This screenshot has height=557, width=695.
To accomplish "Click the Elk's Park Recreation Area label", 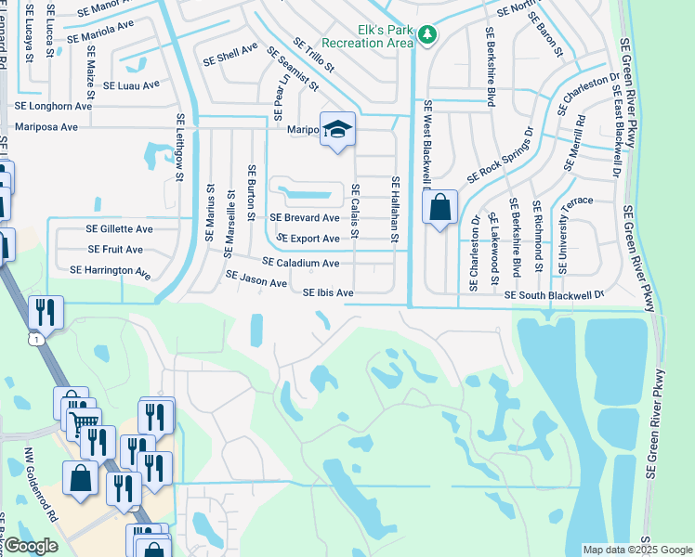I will (367, 34).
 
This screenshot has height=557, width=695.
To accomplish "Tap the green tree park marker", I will (426, 35).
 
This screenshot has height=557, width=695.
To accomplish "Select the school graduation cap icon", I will (338, 130).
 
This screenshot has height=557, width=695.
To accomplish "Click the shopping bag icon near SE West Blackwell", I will (440, 207).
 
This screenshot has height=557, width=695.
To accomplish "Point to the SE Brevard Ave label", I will (305, 218).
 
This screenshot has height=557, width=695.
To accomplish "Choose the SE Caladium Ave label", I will (301, 264).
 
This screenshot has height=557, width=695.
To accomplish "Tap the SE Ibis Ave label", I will (329, 293).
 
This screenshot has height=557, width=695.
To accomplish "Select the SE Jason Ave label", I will (256, 278).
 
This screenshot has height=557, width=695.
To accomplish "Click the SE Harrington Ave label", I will (110, 271).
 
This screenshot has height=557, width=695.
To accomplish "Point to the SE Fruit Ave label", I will (115, 250).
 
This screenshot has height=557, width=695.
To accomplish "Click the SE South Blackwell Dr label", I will (555, 294).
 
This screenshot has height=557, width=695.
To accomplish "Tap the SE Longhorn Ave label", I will (53, 106).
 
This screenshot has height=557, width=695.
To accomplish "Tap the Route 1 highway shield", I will (34, 342).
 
